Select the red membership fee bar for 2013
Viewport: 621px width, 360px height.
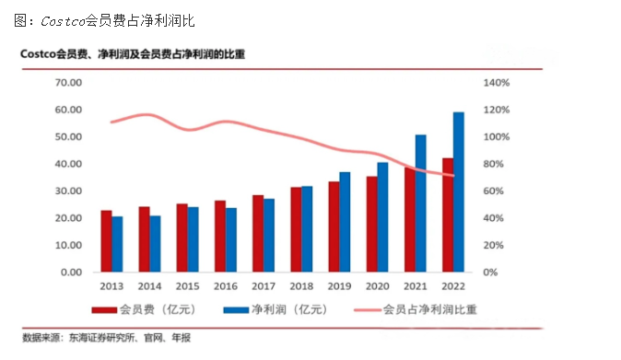point(106,241)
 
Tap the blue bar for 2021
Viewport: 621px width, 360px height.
point(420,203)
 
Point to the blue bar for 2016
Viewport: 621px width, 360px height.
point(230,239)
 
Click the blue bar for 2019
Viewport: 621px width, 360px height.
point(344,222)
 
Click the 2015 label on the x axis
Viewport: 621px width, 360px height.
point(187,286)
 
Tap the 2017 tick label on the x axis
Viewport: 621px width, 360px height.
point(263,286)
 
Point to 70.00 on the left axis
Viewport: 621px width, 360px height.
point(70,83)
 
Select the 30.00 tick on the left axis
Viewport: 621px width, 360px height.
point(70,192)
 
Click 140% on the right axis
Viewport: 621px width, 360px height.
point(497,83)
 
